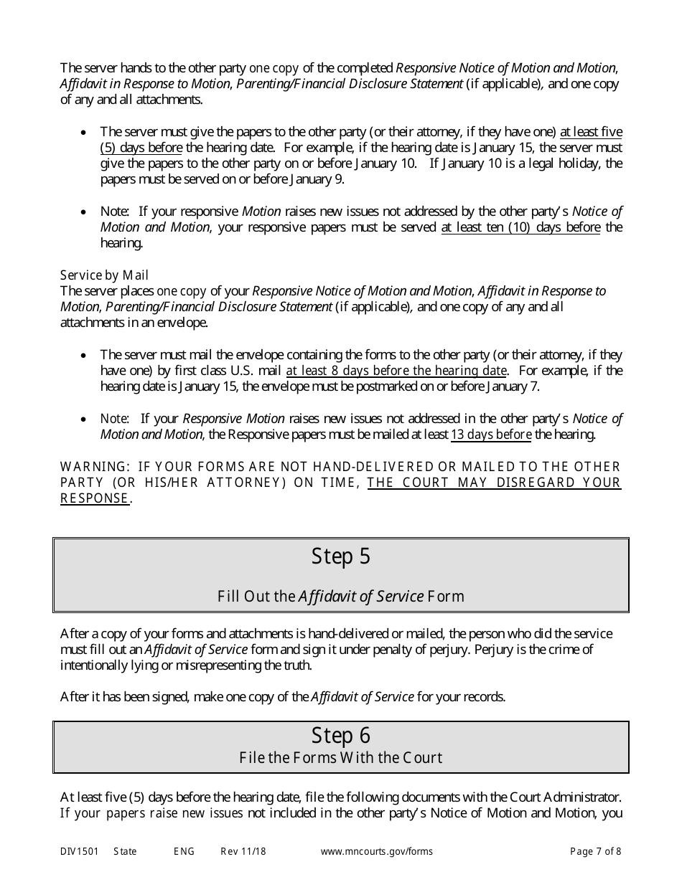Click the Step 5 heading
[340, 556]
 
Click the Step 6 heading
[340, 735]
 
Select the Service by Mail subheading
[104, 275]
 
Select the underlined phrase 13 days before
[491, 435]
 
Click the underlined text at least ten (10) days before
[520, 227]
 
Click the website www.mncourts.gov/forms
[376, 852]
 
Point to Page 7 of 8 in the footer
[595, 852]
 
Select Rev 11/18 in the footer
[243, 852]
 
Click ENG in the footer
[184, 852]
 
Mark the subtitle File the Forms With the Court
[340, 757]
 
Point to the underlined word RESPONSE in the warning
[94, 498]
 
